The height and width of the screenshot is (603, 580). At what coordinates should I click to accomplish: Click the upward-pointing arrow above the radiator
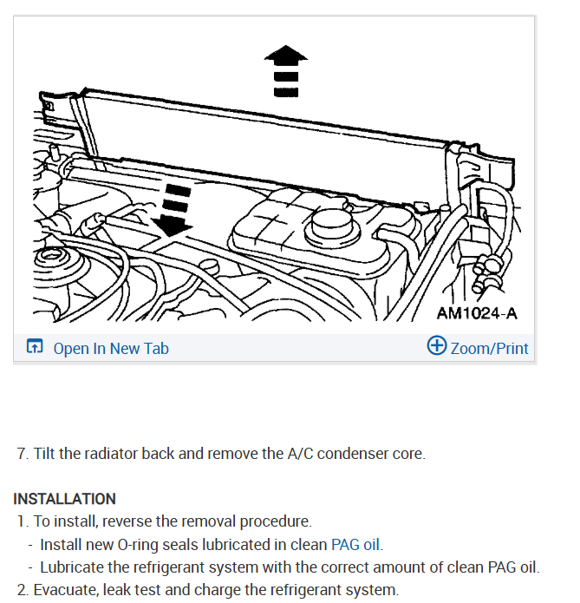285,71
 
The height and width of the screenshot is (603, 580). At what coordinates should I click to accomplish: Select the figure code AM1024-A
476,313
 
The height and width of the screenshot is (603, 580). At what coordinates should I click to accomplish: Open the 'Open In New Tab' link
111,349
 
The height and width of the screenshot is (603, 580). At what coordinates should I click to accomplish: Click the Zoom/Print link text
490,349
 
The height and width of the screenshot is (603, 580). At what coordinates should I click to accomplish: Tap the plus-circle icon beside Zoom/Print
437,347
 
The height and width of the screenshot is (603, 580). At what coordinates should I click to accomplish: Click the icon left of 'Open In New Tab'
34,348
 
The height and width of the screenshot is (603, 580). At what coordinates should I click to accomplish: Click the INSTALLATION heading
64,500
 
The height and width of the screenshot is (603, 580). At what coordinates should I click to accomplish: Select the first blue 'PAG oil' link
356,545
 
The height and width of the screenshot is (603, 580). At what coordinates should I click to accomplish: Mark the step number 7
22,454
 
